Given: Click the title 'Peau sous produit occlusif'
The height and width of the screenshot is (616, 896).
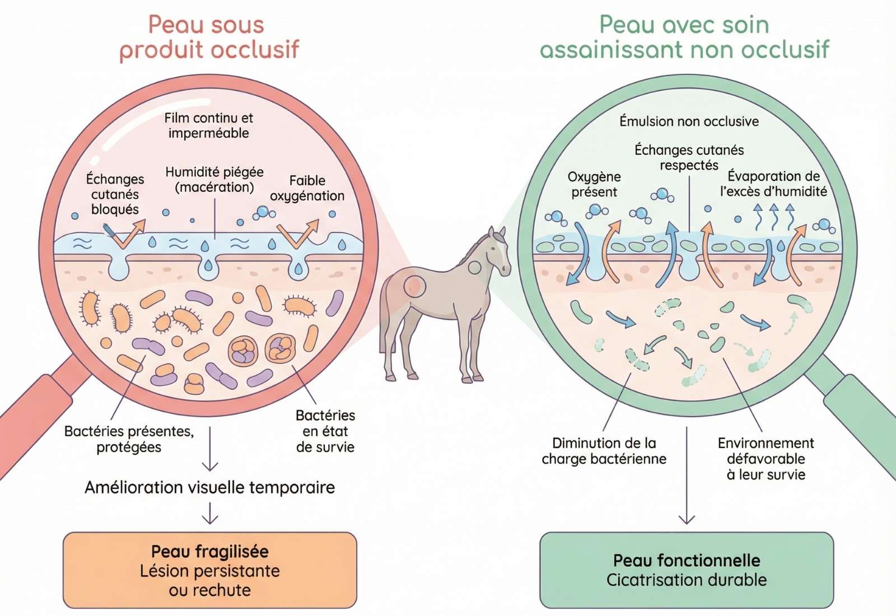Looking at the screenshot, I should pyautogui.click(x=209, y=37).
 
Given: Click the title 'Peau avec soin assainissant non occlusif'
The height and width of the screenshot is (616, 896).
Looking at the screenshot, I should pyautogui.click(x=684, y=37).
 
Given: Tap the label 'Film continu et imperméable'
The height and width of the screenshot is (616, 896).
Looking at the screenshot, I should pyautogui.click(x=208, y=125).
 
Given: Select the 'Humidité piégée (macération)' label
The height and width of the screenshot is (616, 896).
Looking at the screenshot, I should pyautogui.click(x=214, y=179).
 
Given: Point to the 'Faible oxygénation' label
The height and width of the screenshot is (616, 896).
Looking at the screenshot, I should pyautogui.click(x=307, y=188).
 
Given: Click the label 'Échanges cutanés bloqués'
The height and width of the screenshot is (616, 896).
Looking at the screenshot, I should pyautogui.click(x=115, y=194).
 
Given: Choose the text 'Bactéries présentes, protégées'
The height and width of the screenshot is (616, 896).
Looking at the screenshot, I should pyautogui.click(x=129, y=439).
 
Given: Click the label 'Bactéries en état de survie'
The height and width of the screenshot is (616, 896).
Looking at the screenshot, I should pyautogui.click(x=325, y=431).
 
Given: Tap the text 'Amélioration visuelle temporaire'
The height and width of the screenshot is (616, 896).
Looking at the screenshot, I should pyautogui.click(x=209, y=487).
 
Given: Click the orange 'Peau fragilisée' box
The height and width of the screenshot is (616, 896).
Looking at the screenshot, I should pyautogui.click(x=209, y=570).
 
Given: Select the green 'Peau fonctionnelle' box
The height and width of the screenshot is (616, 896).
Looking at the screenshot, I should pyautogui.click(x=687, y=570).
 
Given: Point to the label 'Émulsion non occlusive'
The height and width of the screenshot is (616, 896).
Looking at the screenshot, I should pyautogui.click(x=689, y=122).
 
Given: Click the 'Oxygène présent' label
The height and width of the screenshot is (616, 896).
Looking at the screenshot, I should pyautogui.click(x=594, y=184).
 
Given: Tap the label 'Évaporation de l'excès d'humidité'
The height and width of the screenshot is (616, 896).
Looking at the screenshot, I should pyautogui.click(x=773, y=184).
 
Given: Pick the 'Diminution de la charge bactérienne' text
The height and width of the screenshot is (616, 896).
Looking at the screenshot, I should pyautogui.click(x=604, y=451).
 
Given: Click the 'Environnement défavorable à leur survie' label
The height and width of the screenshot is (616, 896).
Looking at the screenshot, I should pyautogui.click(x=766, y=459).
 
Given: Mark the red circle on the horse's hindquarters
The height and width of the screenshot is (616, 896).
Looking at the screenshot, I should pyautogui.click(x=414, y=286).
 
